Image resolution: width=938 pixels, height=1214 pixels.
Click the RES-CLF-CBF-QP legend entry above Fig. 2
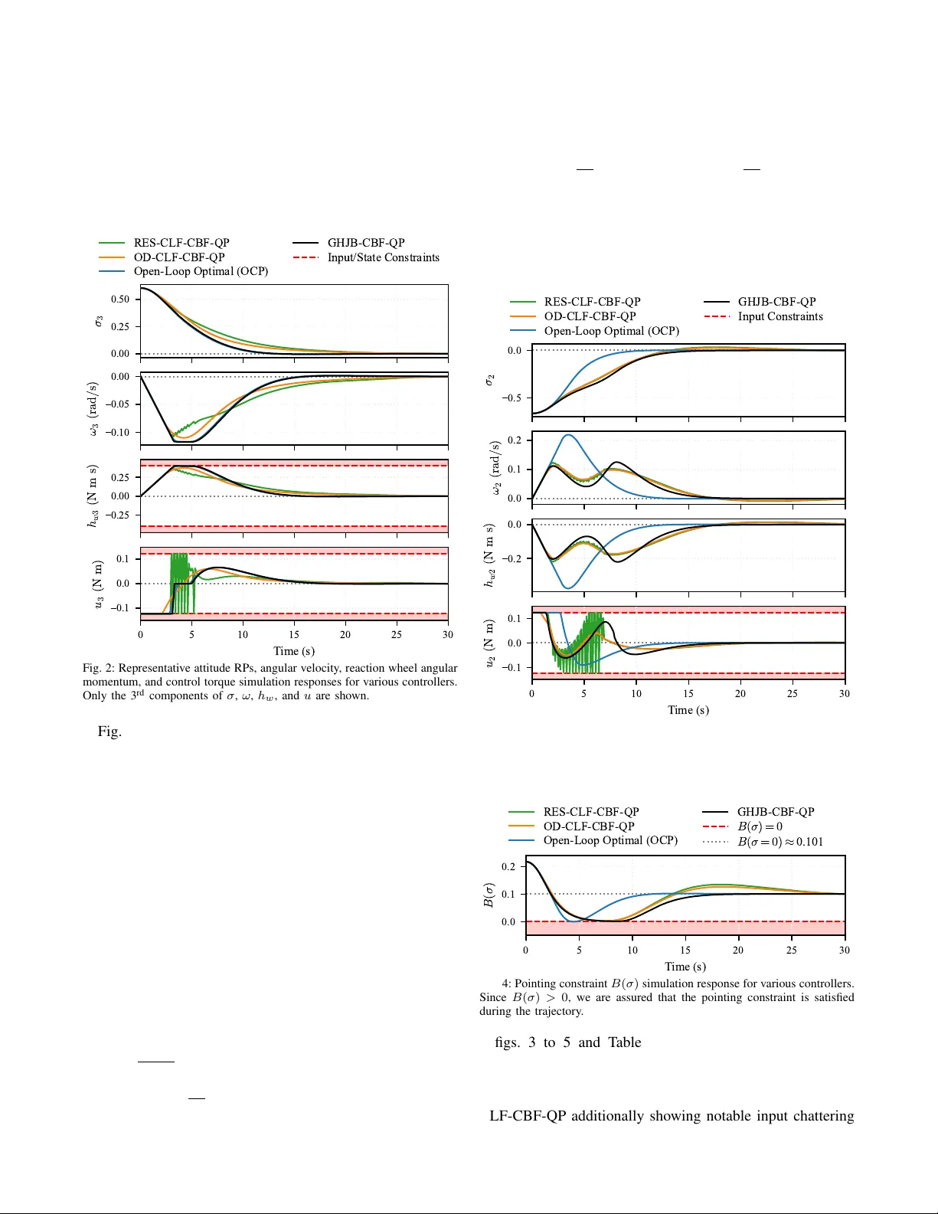181,243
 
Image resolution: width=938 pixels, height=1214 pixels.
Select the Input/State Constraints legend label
383,257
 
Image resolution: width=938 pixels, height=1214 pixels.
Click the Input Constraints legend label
779,316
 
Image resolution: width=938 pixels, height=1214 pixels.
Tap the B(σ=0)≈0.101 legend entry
779,841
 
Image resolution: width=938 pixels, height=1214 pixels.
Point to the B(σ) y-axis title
489,895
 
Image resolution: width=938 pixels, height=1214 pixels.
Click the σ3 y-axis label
99,321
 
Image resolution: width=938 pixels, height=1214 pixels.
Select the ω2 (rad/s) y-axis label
495,468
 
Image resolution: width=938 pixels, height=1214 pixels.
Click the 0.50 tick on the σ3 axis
120,299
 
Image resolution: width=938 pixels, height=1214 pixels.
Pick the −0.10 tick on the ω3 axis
118,432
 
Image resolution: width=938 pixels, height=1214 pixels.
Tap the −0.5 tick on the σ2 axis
511,398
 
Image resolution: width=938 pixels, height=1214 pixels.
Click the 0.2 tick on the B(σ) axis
508,866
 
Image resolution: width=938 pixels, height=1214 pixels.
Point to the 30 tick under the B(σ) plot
844,951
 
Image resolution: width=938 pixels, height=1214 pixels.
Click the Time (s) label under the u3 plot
294,651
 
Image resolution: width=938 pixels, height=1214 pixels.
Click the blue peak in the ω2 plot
567,436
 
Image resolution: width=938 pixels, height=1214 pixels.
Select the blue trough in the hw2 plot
567,587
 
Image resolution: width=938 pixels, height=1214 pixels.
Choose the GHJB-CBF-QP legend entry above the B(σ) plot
775,812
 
